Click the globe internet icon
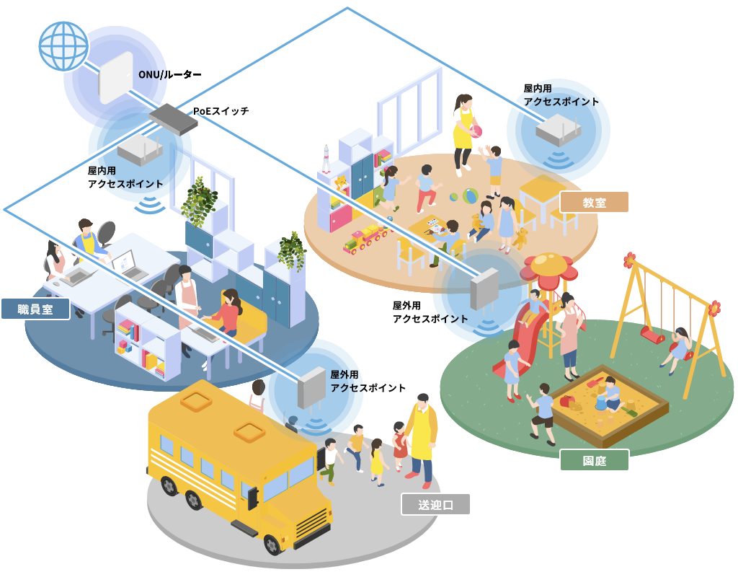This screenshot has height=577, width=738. pyautogui.click(x=63, y=45)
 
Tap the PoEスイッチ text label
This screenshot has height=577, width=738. pyautogui.click(x=221, y=111)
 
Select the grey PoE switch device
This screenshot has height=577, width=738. pyautogui.click(x=173, y=118)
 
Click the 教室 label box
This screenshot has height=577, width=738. pyautogui.click(x=594, y=202)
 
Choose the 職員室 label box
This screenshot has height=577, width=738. pyautogui.click(x=35, y=309)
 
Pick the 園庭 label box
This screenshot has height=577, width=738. pyautogui.click(x=594, y=460)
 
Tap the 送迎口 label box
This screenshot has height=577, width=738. pyautogui.click(x=435, y=504)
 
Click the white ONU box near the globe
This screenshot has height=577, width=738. pyautogui.click(x=116, y=78)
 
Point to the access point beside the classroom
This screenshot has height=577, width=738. pyautogui.click(x=559, y=130)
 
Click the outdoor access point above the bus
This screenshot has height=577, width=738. pyautogui.click(x=312, y=387)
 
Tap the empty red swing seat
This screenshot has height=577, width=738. pyautogui.click(x=652, y=335)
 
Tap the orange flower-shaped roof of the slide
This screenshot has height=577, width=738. pyautogui.click(x=549, y=265)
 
